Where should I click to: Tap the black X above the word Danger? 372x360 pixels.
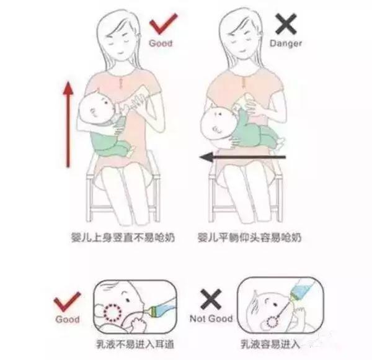tap(286, 24)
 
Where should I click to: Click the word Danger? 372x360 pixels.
tap(286, 43)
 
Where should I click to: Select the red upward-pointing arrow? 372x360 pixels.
tap(68, 124)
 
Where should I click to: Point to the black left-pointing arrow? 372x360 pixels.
tap(242, 157)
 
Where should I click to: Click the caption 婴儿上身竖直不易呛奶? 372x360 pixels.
tap(123, 238)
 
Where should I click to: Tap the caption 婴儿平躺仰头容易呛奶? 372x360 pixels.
tap(249, 238)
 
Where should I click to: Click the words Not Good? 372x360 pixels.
tap(211, 318)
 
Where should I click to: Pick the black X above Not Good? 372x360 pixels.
tap(211, 299)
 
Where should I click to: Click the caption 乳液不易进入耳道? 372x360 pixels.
tap(135, 344)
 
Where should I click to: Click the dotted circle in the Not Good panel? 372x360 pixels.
tap(272, 322)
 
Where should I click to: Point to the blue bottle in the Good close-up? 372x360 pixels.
tap(161, 308)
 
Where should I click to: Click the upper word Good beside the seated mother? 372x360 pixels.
tap(161, 43)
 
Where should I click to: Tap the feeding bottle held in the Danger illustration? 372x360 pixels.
tap(244, 102)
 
